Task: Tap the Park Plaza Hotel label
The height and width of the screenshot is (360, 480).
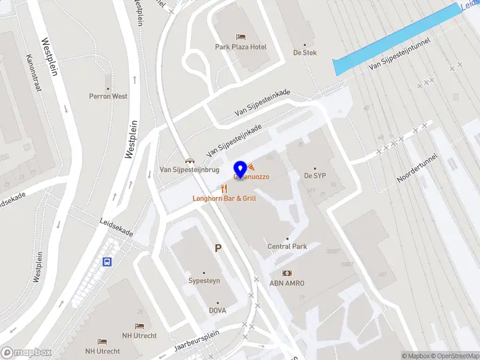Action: [x=241, y=47]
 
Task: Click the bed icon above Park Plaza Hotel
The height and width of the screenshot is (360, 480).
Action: [x=241, y=37]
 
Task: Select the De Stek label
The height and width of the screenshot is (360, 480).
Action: [x=304, y=52]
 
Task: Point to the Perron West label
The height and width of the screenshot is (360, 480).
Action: [x=108, y=96]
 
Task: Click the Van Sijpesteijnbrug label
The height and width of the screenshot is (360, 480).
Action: [x=189, y=170]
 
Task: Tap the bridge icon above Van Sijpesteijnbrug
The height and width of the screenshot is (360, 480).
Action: [x=190, y=160]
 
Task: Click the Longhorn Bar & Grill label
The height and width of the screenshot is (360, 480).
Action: [x=225, y=198]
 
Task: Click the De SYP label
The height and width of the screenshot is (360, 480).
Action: [x=314, y=176]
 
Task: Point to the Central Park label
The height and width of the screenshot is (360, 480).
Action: [x=287, y=247]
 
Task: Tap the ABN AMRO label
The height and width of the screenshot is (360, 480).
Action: [x=287, y=283]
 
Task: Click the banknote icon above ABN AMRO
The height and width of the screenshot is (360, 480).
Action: [x=287, y=274]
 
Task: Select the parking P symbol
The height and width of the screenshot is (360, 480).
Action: [x=218, y=248]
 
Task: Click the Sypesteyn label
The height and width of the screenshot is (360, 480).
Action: [x=203, y=280]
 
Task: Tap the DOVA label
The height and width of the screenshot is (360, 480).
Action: [x=217, y=310]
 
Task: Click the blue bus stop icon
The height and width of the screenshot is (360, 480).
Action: [x=107, y=262]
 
